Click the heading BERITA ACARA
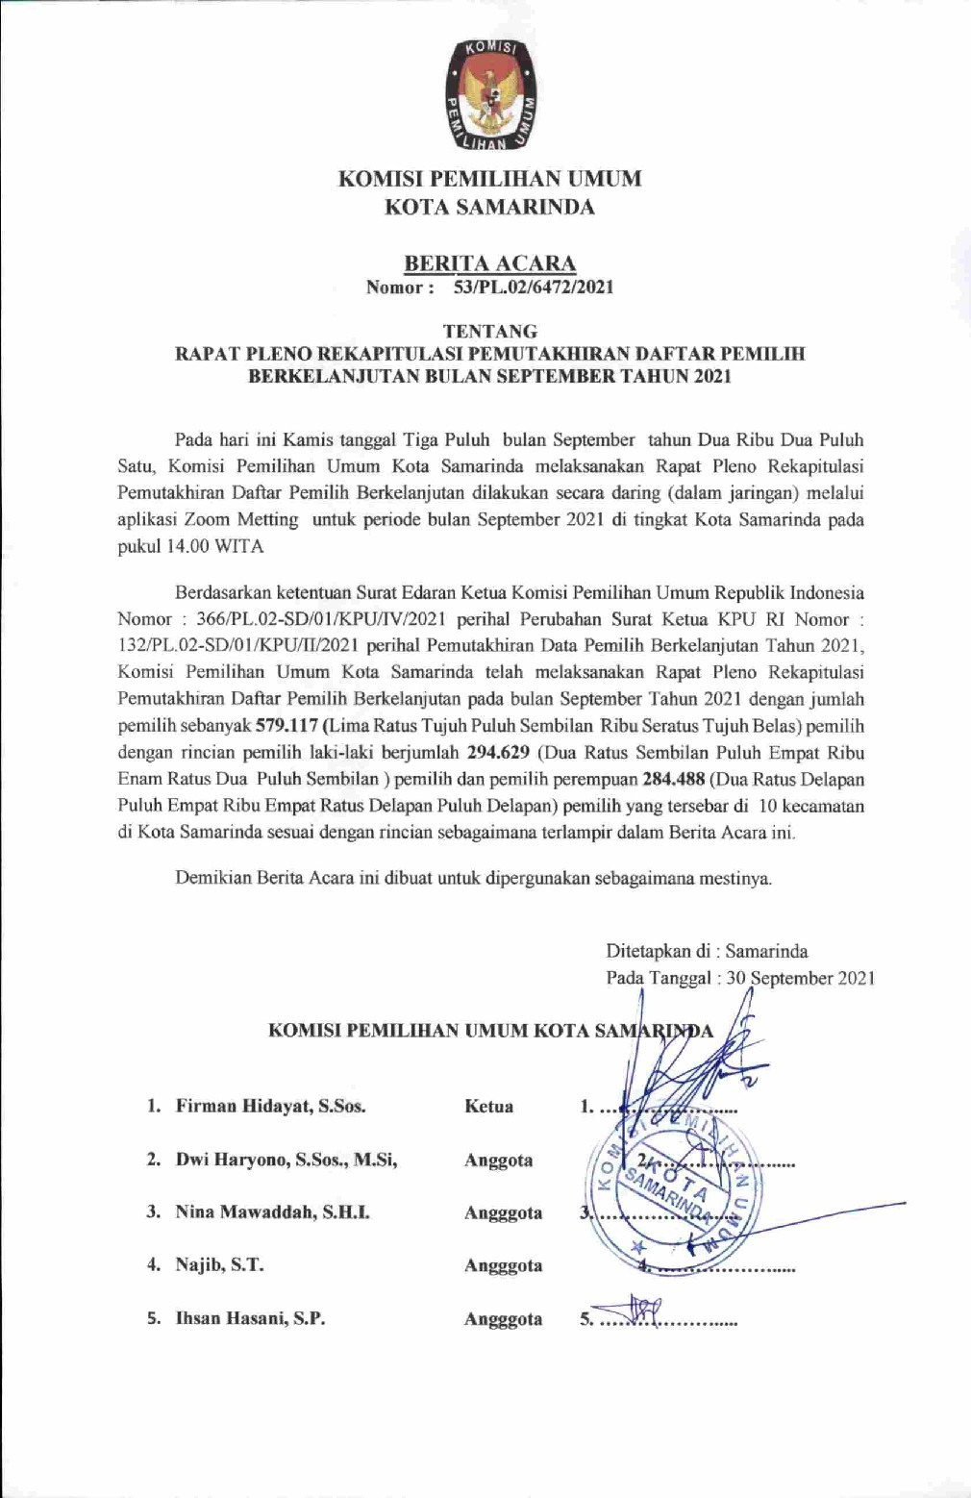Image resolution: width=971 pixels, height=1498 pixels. coord(489,262)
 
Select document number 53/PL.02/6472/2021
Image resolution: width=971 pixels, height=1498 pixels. coord(534,287)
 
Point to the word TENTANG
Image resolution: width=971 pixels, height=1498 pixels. coord(489,331)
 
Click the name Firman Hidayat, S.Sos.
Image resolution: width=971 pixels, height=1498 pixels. coord(270,1106)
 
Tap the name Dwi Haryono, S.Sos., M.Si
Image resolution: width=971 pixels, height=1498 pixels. coord(286,1160)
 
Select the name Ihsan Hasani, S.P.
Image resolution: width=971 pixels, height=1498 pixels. coord(250,1318)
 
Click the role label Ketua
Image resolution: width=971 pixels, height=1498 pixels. coord(488,1107)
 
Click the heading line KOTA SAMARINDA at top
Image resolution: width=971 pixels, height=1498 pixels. coord(489,207)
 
